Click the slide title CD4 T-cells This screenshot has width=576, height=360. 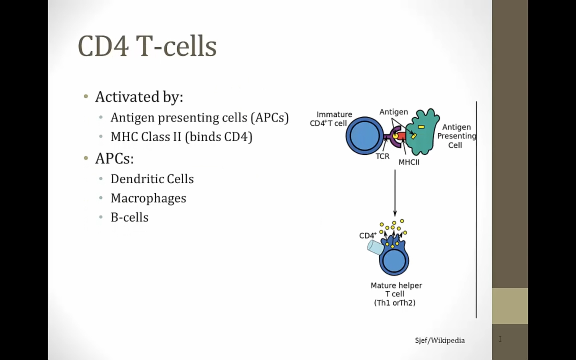147,46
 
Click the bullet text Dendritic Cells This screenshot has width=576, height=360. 152,179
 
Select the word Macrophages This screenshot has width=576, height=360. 148,198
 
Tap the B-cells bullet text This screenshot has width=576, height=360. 130,217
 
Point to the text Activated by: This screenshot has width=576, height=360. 139,97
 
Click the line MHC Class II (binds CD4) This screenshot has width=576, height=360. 182,137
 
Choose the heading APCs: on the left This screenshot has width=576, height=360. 114,158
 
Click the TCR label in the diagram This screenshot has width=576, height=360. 382,156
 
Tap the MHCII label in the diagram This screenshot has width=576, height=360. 409,162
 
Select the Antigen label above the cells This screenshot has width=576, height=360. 394,112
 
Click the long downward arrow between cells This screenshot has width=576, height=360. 395,193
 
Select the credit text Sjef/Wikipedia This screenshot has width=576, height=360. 440,340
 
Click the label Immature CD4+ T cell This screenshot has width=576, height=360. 331,119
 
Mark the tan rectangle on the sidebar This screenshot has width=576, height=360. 510,306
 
